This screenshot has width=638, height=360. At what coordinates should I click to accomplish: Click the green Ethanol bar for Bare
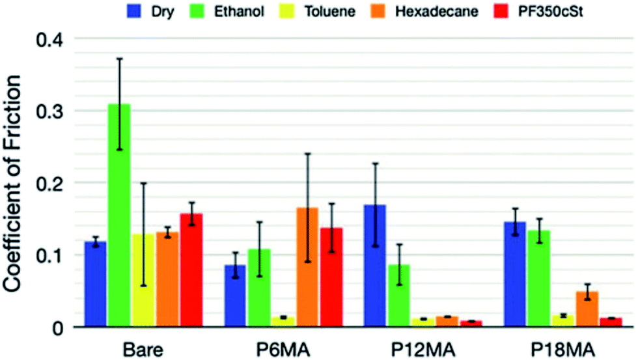[119, 215]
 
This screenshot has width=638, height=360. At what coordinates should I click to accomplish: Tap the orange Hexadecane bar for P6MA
[307, 267]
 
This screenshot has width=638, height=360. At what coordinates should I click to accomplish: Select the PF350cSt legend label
[552, 11]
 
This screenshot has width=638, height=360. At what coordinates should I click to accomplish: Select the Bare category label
[143, 346]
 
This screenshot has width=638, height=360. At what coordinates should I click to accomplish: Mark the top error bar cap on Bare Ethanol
[119, 59]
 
